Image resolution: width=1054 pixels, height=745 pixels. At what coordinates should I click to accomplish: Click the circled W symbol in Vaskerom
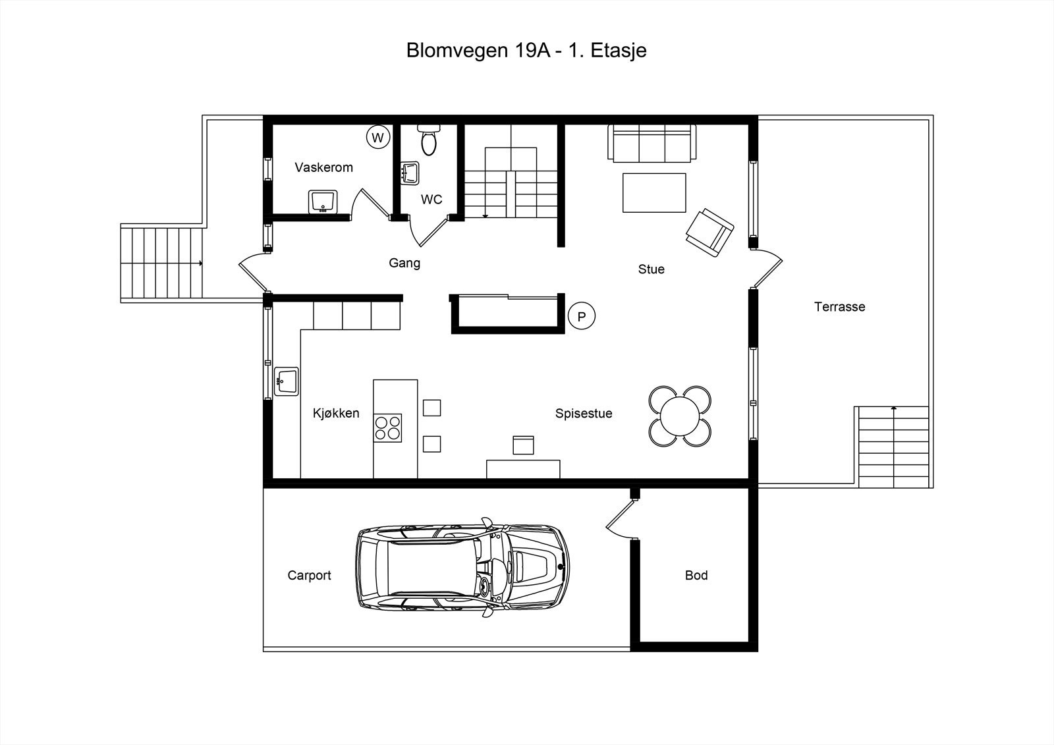click(378, 138)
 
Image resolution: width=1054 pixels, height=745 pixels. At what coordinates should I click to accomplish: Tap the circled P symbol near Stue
click(582, 316)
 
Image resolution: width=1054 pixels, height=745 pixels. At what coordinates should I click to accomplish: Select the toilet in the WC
click(428, 140)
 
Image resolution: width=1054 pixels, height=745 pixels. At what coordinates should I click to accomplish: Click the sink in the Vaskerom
click(323, 202)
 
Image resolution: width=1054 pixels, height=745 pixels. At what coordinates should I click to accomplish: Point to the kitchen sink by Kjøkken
click(286, 381)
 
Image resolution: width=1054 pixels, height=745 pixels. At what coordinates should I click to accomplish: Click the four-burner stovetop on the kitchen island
click(388, 428)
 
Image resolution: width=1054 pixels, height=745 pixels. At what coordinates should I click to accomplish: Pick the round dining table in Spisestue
click(680, 416)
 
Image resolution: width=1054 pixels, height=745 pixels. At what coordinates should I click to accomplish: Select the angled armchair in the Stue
click(709, 233)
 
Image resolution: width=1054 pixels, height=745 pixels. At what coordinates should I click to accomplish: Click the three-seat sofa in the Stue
click(652, 144)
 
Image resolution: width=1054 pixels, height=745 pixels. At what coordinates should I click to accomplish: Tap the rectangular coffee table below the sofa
click(654, 193)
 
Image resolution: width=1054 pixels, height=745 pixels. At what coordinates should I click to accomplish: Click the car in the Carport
click(462, 568)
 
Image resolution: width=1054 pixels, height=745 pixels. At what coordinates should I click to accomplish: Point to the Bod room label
click(696, 575)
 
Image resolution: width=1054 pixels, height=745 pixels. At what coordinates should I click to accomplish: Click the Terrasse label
click(840, 307)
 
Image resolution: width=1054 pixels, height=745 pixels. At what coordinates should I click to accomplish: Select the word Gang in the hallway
click(404, 263)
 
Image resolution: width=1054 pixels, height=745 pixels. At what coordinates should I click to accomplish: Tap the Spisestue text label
click(584, 413)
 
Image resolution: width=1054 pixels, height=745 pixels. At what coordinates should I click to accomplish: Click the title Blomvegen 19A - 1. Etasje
click(526, 51)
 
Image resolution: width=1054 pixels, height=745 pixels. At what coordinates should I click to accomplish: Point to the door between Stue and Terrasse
click(767, 268)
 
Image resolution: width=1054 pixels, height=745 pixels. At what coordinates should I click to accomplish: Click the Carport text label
click(309, 576)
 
